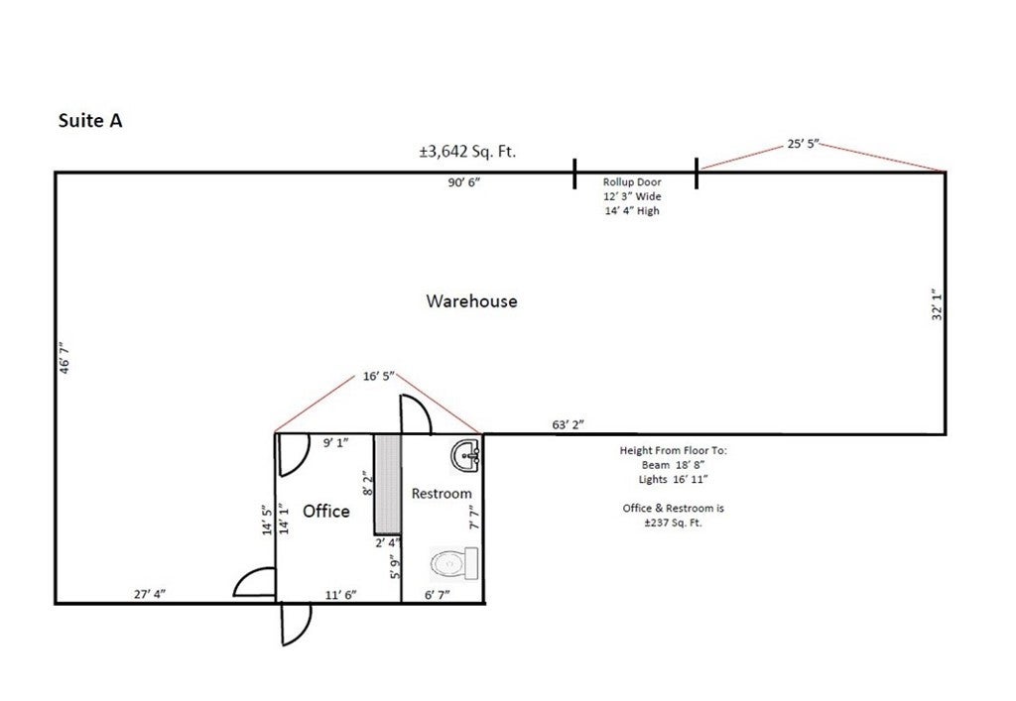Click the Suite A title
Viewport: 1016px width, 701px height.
(90, 120)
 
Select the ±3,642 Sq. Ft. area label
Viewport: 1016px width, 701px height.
(468, 152)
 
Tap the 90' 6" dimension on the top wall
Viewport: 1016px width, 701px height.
(464, 182)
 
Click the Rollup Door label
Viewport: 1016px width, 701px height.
(632, 181)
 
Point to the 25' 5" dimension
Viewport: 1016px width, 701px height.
(804, 144)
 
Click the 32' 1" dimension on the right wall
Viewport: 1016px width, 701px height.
(937, 304)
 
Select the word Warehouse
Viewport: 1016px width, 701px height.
(471, 301)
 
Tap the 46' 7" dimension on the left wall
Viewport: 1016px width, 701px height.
(64, 358)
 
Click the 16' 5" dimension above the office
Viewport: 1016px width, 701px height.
(378, 376)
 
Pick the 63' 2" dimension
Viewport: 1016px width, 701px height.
(569, 424)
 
